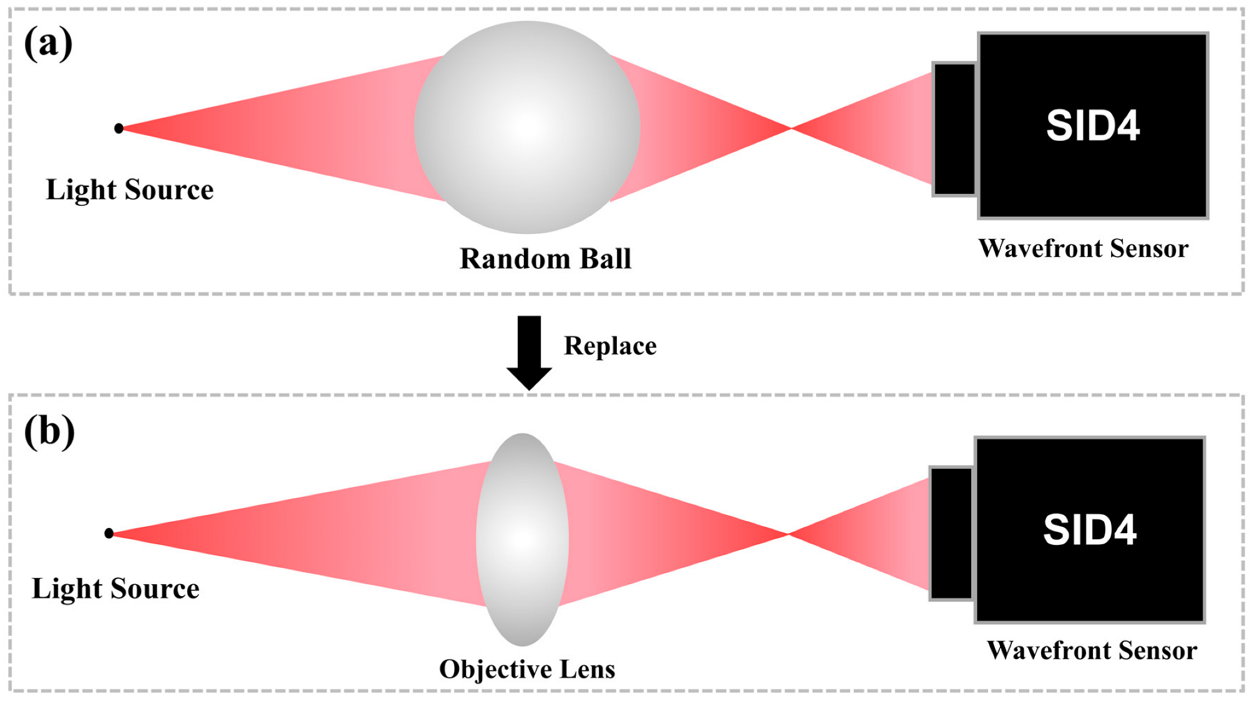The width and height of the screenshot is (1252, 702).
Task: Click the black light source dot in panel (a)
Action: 119,128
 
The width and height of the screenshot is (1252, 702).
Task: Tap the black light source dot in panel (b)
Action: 109,533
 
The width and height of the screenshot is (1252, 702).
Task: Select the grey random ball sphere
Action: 527,128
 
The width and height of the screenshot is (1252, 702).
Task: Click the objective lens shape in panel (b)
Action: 522,539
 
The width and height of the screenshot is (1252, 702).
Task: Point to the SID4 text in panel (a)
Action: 1093,126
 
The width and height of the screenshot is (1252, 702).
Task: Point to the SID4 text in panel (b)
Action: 1090,531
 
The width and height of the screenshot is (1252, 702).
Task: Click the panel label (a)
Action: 48,44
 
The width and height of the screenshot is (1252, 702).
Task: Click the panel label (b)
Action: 49,431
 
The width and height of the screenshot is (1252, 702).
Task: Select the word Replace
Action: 610,346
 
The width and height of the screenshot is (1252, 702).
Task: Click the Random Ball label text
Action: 545,259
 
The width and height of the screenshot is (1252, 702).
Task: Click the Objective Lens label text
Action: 527,669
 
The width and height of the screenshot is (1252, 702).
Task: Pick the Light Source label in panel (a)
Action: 130,190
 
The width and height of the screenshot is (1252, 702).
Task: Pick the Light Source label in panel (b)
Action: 115,589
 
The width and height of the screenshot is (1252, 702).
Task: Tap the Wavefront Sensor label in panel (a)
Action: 1083,248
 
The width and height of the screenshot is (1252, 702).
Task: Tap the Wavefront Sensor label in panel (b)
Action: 1092,650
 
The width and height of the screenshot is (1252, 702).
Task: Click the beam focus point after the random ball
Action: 791,128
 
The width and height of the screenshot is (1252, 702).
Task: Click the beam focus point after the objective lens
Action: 789,534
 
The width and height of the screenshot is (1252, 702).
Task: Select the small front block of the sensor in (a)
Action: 954,129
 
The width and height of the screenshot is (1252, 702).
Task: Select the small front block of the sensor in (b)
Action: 951,534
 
